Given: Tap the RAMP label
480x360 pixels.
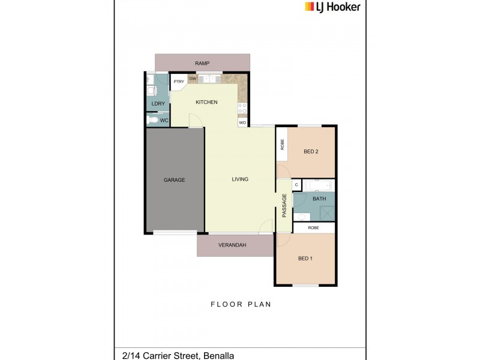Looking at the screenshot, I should (x=202, y=63).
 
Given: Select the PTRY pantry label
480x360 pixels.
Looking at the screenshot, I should (x=178, y=82).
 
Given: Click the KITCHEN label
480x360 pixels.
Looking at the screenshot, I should (x=206, y=103).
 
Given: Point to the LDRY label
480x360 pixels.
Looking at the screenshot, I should (x=158, y=104).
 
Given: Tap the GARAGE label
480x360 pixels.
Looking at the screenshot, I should (x=175, y=180).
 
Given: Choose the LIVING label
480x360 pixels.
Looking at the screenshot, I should (x=240, y=179).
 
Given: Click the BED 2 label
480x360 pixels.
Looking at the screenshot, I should (x=311, y=152).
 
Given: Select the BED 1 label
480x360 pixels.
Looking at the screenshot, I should (x=305, y=259).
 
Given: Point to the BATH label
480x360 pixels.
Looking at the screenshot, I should (x=319, y=199).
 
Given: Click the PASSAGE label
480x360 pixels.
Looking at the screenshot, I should (x=284, y=206).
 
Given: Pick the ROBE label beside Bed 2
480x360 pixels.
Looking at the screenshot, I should (x=282, y=145).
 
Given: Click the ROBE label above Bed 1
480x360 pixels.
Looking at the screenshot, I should (x=313, y=228).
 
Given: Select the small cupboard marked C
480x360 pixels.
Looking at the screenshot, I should (x=296, y=185).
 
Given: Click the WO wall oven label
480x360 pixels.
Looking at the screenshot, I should (x=242, y=122).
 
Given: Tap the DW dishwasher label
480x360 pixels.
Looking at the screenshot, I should (x=193, y=79).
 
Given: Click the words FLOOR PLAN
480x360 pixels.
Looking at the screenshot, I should (x=241, y=305).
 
